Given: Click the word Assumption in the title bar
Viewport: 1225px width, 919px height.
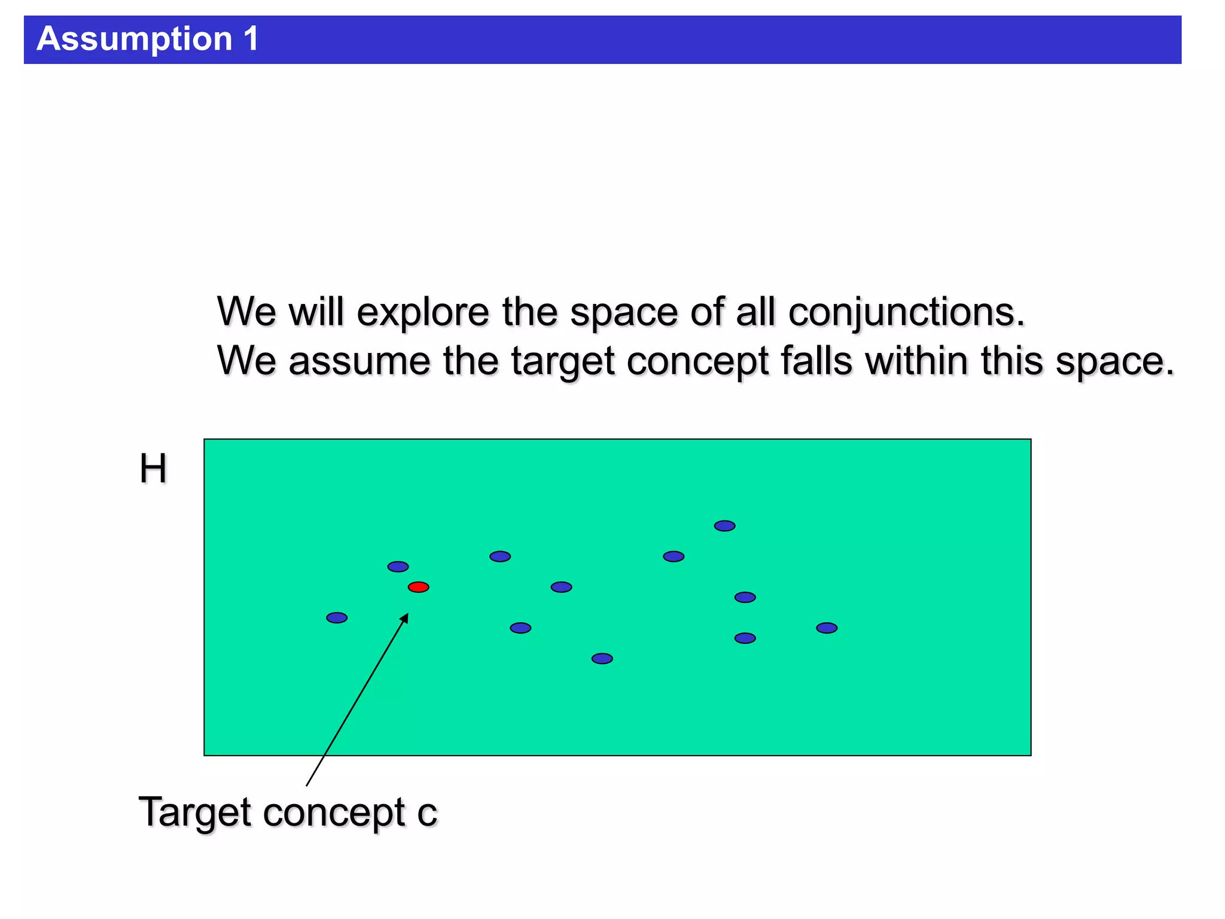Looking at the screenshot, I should coord(134,39).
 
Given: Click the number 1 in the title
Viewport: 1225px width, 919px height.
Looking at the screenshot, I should coord(251,38).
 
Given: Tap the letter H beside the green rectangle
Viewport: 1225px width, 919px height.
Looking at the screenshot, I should coord(153,468).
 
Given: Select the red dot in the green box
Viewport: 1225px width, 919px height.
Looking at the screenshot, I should coord(418,587).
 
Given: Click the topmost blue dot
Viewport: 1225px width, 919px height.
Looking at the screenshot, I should coord(724,526).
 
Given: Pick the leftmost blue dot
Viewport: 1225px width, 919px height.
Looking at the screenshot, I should coord(337,617).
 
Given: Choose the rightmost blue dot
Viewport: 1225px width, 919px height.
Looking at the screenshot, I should coord(827,628).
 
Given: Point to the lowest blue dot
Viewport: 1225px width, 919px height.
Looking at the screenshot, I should coord(602,659).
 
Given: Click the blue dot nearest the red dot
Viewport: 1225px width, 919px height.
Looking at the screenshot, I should coord(398,567).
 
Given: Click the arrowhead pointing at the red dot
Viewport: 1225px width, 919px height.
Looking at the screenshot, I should coord(405,619).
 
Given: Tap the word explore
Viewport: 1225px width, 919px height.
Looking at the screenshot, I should coord(423,312).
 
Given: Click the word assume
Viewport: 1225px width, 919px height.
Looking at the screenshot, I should coord(359,361).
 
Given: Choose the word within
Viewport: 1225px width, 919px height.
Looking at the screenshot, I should coord(918,361).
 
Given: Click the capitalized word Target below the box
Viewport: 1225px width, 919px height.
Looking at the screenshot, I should coord(194,813).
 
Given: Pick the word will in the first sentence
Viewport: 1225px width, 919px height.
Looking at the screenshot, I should coord(316,312).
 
